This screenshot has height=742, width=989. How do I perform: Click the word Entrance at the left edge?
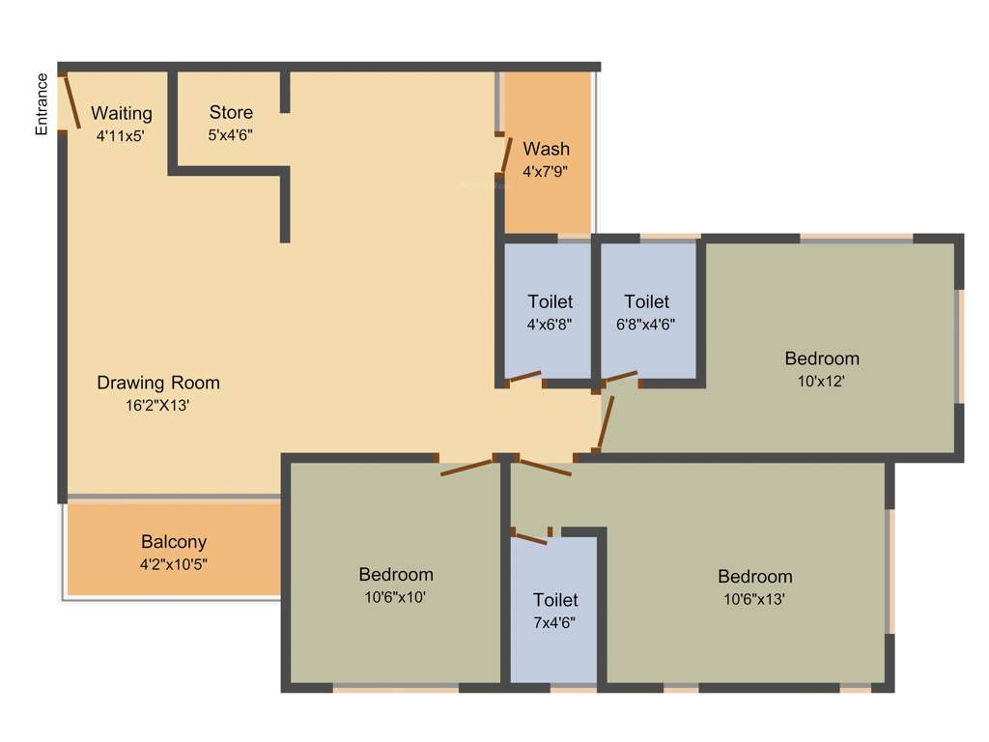pos(42,104)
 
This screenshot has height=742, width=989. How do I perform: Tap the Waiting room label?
pos(122,114)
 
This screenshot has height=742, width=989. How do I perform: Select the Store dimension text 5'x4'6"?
pos(231,135)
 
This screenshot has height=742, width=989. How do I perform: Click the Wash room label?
pos(546,149)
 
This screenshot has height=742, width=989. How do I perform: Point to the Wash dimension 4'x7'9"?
pos(545,172)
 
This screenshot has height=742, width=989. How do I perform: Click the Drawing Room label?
pos(158,383)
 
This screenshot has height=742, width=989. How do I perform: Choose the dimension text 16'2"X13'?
pos(156,407)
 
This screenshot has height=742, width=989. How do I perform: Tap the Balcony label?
pos(174,542)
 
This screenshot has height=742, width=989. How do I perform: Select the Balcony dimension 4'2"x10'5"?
pos(174,564)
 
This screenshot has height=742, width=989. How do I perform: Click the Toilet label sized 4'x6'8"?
pos(550,301)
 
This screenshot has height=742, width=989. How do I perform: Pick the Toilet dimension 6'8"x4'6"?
pos(646,325)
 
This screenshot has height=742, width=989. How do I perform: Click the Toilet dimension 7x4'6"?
pos(555,623)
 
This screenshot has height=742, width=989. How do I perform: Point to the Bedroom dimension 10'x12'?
pos(821,382)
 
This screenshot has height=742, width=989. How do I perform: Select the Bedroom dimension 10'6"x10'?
pos(396,598)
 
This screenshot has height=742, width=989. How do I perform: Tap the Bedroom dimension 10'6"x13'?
pos(754,599)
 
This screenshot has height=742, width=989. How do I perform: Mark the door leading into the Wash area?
pos(504,154)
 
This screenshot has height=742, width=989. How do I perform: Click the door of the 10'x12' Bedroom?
pos(606,420)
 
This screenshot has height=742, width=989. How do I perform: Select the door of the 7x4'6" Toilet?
pos(530,536)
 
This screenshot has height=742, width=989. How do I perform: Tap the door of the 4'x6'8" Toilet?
pos(525,377)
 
